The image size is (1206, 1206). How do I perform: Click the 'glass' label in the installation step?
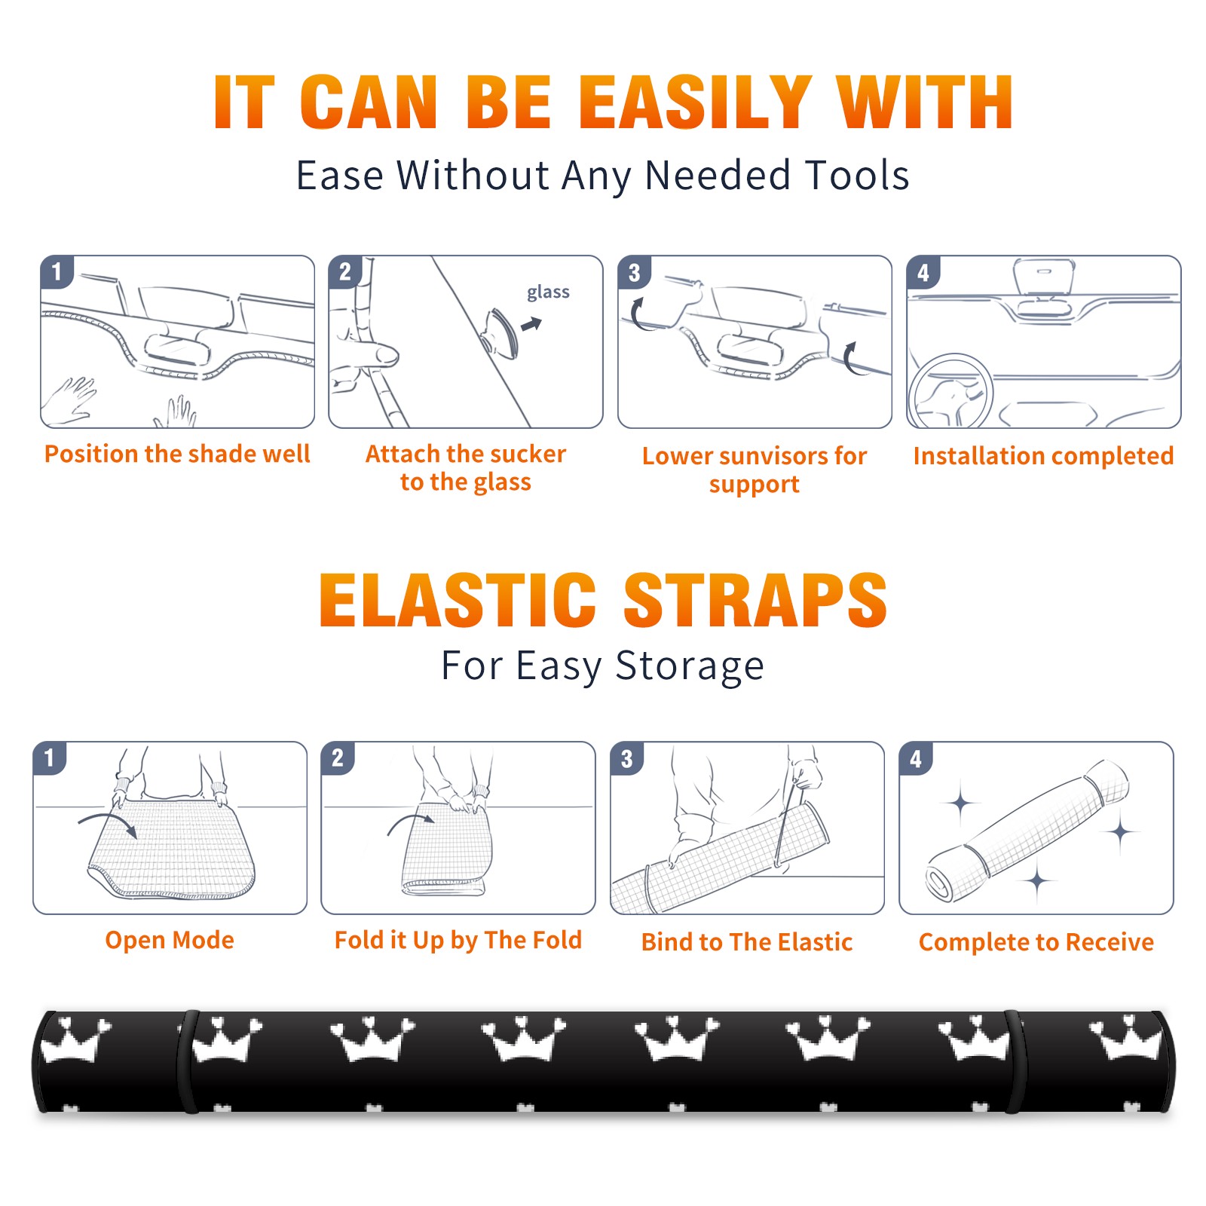click(x=548, y=292)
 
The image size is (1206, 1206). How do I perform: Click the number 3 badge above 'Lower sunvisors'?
click(x=634, y=273)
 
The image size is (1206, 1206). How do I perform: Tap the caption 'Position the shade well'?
click(x=177, y=454)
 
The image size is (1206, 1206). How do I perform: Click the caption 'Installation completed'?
click(x=1043, y=456)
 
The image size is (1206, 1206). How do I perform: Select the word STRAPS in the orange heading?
click(x=755, y=600)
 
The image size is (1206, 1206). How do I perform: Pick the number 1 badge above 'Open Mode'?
click(x=50, y=758)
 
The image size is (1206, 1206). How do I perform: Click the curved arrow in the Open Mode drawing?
click(x=107, y=822)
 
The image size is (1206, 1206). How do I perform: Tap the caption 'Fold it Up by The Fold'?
click(x=458, y=941)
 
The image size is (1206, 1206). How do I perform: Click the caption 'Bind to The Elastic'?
click(x=747, y=942)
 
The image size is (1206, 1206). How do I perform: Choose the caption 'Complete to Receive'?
click(x=1036, y=942)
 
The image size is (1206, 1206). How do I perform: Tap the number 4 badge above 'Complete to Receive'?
click(x=916, y=759)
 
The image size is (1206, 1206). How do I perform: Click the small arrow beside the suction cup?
click(x=532, y=324)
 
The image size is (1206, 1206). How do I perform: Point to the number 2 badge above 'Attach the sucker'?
click(x=345, y=272)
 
